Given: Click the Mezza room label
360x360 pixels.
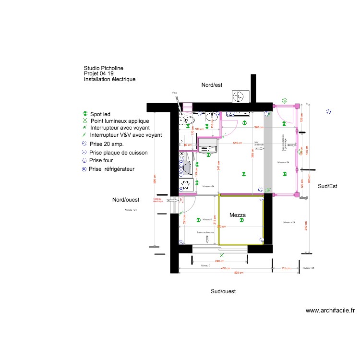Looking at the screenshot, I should [237, 216].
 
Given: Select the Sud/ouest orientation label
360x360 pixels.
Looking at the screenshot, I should [223, 291].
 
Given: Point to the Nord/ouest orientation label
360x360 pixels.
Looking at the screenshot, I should [126, 199].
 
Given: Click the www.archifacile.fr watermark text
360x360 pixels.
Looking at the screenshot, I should [330, 311].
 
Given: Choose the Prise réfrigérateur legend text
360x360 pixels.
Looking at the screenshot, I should [112, 169].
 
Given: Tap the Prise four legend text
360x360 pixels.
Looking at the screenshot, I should [101, 160].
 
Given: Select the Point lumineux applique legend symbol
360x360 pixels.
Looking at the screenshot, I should [85, 121].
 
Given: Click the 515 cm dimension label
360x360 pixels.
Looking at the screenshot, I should [237, 143].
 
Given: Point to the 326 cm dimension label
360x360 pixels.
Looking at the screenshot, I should [259, 127].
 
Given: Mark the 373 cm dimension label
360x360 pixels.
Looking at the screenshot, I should [221, 227].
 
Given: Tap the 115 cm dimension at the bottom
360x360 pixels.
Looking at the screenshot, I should [286, 268].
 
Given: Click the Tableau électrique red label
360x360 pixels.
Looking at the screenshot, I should [158, 200].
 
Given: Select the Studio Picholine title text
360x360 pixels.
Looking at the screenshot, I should [107, 69].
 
